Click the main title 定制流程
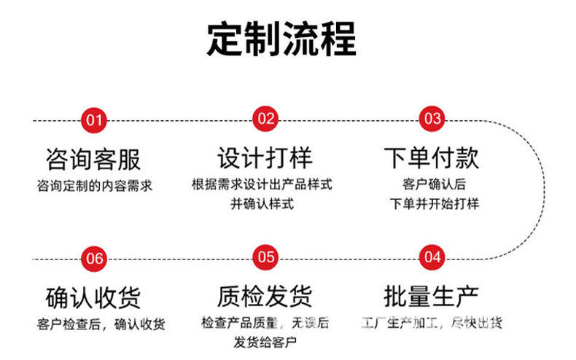(281, 39)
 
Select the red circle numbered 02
(265, 119)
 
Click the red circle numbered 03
(433, 119)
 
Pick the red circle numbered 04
(432, 257)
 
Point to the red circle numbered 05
(265, 257)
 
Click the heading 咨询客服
(93, 159)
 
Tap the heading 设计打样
(265, 158)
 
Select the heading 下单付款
(432, 158)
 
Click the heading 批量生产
(432, 296)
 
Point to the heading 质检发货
(265, 296)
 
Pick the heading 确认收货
(93, 297)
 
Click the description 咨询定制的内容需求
(94, 186)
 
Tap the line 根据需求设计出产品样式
(262, 184)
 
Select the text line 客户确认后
(434, 184)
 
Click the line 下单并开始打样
(434, 203)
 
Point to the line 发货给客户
(264, 342)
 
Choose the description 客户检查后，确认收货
(100, 324)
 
